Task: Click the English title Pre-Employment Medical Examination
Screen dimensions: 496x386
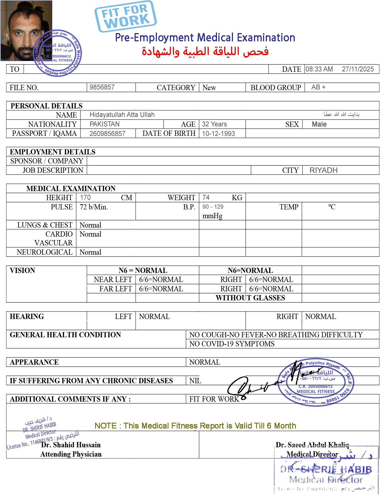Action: pyautogui.click(x=205, y=38)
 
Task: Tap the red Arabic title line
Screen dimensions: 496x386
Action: pyautogui.click(x=205, y=52)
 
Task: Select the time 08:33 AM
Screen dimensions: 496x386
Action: pyautogui.click(x=319, y=69)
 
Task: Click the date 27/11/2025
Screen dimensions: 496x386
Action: pyautogui.click(x=358, y=69)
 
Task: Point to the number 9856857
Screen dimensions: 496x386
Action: pyautogui.click(x=102, y=87)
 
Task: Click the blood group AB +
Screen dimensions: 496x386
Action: pyautogui.click(x=318, y=87)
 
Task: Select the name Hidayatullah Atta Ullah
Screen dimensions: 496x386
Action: pyautogui.click(x=122, y=115)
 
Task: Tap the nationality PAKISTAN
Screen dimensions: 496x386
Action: pyautogui.click(x=104, y=124)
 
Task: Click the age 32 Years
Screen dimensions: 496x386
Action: pyautogui.click(x=214, y=124)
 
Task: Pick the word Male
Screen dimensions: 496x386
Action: pyautogui.click(x=319, y=124)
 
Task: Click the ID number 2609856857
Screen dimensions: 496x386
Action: pyautogui.click(x=107, y=134)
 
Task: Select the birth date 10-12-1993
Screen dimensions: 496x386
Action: pyautogui.click(x=218, y=134)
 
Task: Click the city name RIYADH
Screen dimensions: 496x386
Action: pyautogui.click(x=323, y=170)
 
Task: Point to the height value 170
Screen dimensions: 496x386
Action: pyautogui.click(x=85, y=197)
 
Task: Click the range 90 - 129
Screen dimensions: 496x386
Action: pyautogui.click(x=213, y=207)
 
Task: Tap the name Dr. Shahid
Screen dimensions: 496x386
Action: pyautogui.click(x=58, y=445)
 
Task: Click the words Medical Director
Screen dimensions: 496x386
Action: pyautogui.click(x=312, y=454)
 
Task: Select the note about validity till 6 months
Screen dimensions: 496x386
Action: pyautogui.click(x=195, y=426)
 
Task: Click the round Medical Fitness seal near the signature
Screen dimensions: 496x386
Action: pyautogui.click(x=316, y=382)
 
